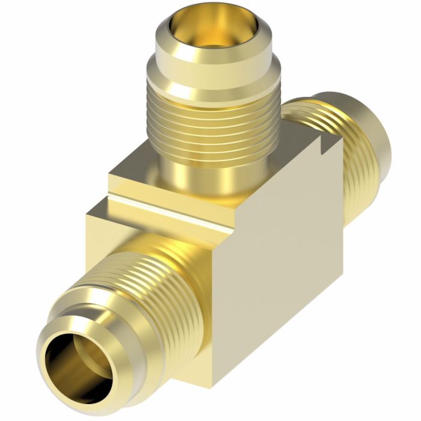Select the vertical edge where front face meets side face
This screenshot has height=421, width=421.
tap(226, 301)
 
